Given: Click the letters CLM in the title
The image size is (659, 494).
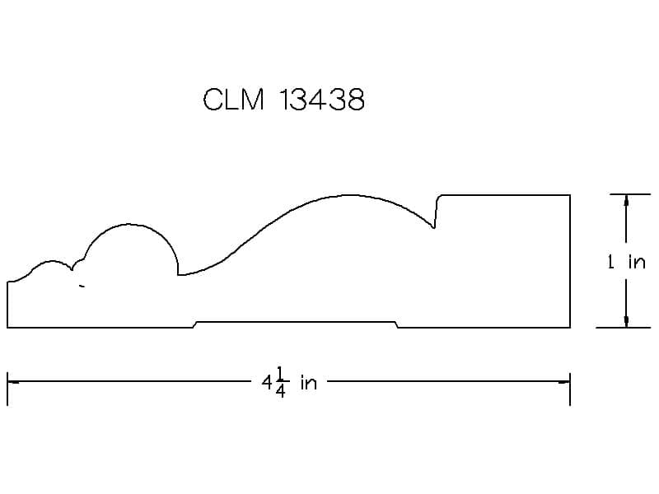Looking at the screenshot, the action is click(234, 100).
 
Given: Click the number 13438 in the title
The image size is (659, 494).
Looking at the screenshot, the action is click(322, 100).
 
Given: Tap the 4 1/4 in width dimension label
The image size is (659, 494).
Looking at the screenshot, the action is click(289, 382).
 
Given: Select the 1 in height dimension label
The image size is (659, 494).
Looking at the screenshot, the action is click(626, 262).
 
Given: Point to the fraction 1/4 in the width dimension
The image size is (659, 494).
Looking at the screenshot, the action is click(281, 382).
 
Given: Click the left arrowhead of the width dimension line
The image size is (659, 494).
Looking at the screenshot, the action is click(12, 382).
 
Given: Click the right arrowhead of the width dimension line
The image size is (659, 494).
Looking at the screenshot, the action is click(564, 382).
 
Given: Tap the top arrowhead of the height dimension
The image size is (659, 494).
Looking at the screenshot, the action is click(626, 200).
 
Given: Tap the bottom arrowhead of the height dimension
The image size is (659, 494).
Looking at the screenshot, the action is click(626, 321).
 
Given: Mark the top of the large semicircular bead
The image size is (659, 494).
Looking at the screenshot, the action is click(129, 224).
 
